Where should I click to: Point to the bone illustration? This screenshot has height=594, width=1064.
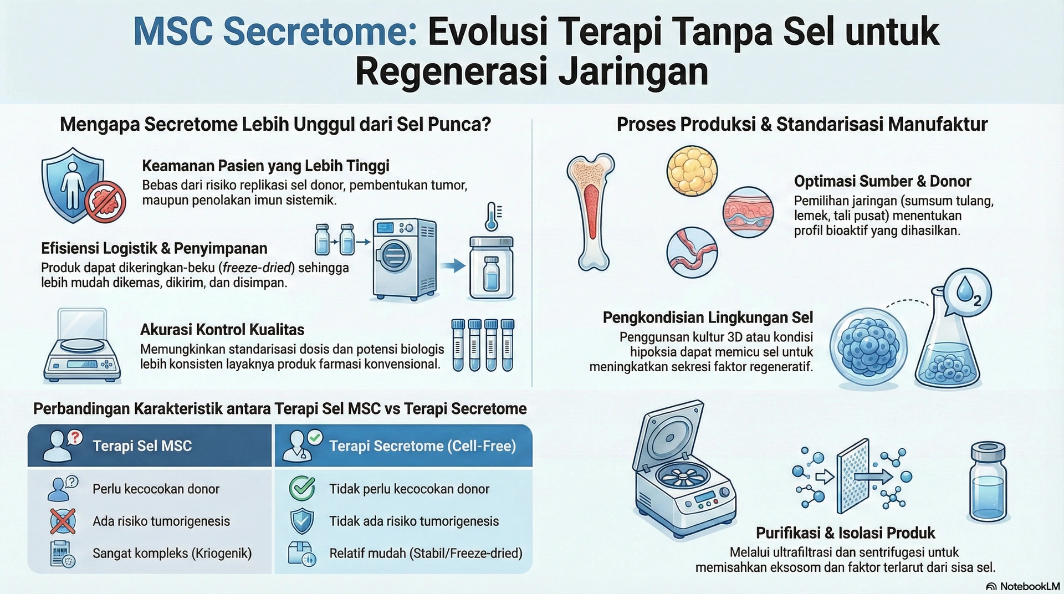click(591, 212)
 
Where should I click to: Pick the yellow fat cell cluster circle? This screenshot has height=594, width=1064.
click(692, 171)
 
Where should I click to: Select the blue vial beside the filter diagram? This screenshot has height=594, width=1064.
click(988, 482)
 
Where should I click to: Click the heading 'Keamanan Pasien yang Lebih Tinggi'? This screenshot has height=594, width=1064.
click(265, 166)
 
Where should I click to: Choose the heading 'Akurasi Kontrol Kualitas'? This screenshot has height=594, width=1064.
click(222, 330)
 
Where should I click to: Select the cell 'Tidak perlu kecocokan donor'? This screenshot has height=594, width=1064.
click(409, 489)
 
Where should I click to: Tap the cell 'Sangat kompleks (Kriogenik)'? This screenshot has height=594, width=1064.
click(172, 553)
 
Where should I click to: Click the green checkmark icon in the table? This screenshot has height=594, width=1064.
click(303, 488)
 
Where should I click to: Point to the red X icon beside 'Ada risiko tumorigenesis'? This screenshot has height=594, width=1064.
click(63, 521)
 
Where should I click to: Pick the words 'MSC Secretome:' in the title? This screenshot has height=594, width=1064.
click(275, 32)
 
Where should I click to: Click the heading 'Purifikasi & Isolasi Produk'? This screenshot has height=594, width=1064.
click(845, 533)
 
